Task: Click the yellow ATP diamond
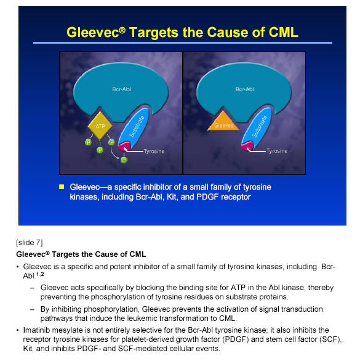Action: (100, 126)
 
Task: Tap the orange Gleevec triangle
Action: (223, 122)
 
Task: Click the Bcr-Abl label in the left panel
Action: (122, 89)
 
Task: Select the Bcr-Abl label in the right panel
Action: (244, 89)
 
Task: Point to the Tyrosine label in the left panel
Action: (154, 152)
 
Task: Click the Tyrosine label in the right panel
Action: (277, 151)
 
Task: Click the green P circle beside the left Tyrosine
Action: (124, 160)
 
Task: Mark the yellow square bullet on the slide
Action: (62, 187)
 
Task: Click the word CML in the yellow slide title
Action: (284, 32)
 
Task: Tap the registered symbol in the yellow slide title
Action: (122, 30)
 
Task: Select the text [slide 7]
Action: (29, 243)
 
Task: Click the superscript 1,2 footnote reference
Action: (40, 274)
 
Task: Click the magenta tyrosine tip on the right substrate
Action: (247, 147)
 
